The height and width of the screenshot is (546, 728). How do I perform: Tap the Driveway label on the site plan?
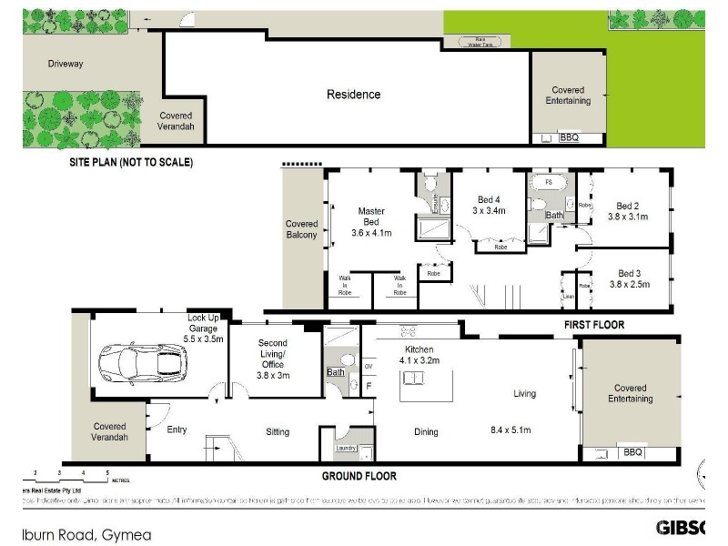[66, 64]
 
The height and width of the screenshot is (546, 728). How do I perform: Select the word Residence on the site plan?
[353, 94]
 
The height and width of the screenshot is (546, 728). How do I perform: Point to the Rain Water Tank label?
[477, 40]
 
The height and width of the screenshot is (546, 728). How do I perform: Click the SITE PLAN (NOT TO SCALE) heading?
[132, 162]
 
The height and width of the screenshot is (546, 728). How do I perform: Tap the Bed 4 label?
[488, 205]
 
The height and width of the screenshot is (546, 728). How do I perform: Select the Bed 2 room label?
[627, 211]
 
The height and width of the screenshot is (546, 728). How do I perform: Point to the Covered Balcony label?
[302, 229]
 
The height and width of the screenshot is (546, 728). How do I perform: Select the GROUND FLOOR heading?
[359, 475]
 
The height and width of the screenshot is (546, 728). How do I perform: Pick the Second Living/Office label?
[273, 359]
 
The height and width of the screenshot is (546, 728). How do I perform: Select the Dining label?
[426, 432]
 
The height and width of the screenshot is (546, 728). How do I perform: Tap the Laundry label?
[344, 448]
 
